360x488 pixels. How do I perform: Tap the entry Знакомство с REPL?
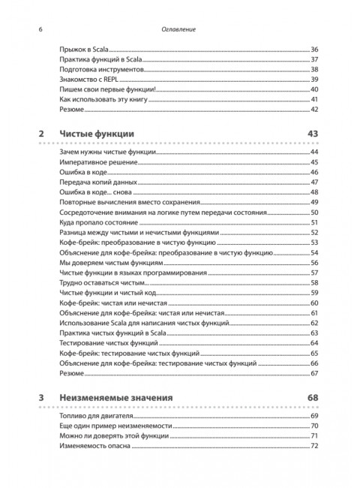click(88, 80)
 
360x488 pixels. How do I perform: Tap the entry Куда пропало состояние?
click(95, 223)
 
